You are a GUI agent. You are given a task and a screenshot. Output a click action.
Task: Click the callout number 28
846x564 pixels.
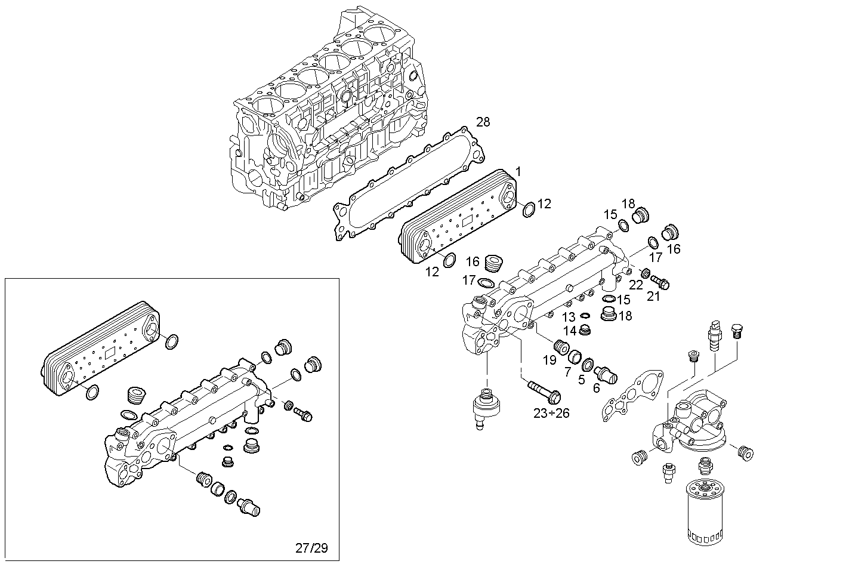point(483,122)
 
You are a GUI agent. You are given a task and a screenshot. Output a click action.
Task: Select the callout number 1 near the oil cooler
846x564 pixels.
point(518,172)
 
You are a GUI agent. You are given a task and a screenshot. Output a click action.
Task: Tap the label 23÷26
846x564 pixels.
point(551,412)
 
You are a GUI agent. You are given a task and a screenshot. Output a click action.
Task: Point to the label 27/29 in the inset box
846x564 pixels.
point(311,547)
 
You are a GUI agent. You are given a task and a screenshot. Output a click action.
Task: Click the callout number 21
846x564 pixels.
point(653,295)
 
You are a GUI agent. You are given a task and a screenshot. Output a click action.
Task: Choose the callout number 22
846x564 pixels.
point(636,285)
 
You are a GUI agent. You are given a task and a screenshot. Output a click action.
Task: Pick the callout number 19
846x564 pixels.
point(549,360)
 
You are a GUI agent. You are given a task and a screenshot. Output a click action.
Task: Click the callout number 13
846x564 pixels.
point(569,317)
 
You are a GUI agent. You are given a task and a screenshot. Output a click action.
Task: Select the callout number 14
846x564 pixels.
point(570,330)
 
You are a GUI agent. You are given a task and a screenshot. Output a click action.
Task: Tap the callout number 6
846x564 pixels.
point(595,387)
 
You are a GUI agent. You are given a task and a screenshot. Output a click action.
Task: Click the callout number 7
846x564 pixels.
point(567,371)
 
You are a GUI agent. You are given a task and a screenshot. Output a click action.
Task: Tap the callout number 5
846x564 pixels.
point(581,379)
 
